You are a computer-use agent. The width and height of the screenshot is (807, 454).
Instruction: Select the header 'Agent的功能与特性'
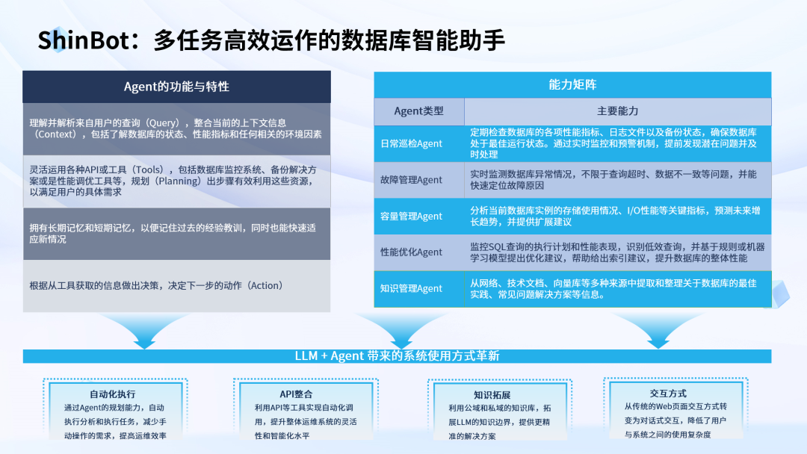tap(176, 87)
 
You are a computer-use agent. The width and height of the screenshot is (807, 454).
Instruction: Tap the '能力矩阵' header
tap(572, 84)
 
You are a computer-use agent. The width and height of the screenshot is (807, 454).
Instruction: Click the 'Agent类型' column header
tap(418, 111)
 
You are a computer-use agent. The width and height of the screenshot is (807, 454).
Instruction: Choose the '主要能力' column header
tap(617, 111)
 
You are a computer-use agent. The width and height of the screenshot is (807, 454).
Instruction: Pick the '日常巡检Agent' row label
tap(411, 143)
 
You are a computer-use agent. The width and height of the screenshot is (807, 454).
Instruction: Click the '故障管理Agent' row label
tap(411, 180)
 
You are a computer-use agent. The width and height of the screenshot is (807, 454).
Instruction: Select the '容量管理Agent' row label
tap(411, 217)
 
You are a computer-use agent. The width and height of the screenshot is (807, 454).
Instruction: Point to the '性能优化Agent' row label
tap(411, 252)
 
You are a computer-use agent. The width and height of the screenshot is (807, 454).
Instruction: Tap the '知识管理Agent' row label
tap(411, 289)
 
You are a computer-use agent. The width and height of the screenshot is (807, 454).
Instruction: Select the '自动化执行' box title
tap(112, 394)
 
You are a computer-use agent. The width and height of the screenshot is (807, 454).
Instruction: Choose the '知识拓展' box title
tap(491, 395)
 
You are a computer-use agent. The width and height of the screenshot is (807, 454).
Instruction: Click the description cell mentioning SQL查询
tap(617, 252)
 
